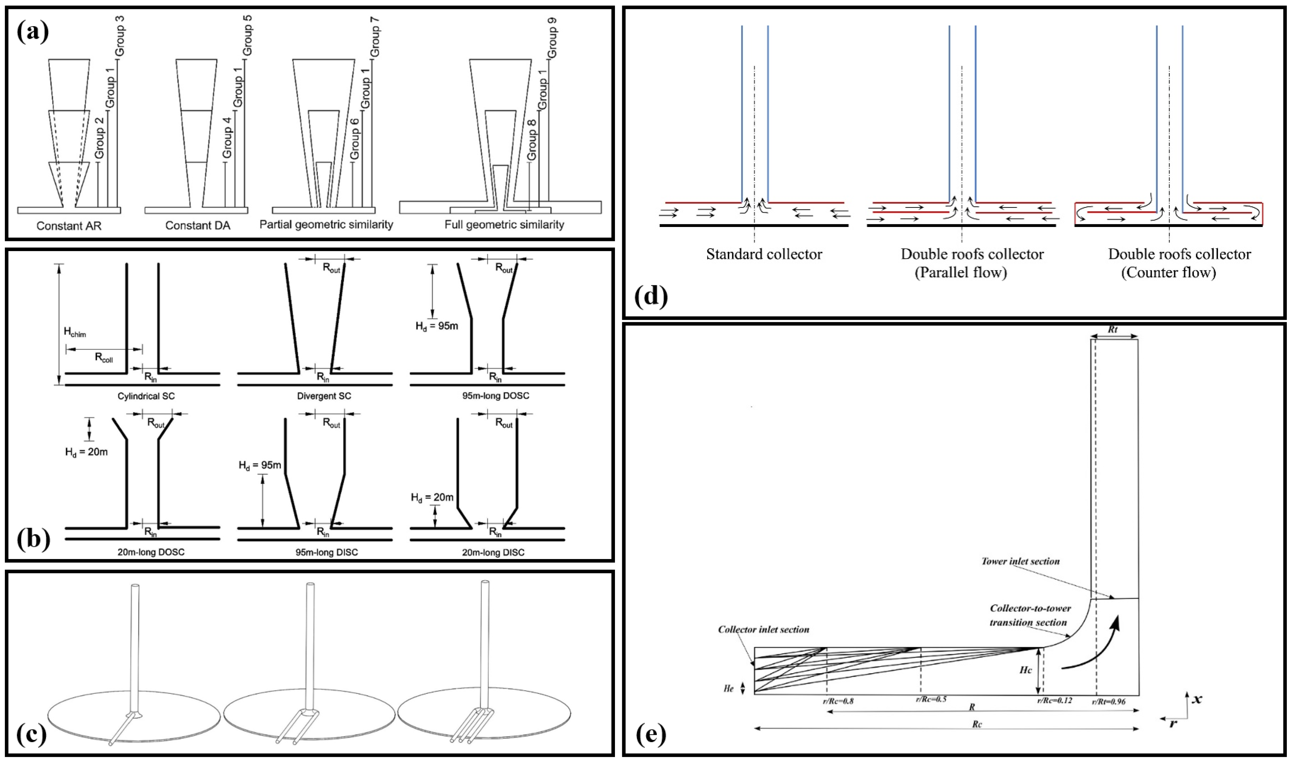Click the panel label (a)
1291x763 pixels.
tap(32, 32)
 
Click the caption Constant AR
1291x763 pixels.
tap(69, 226)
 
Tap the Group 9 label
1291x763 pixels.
tap(552, 37)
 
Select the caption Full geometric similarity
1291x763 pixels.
tap(504, 225)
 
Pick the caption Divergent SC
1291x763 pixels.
tap(324, 396)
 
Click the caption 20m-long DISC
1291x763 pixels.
tap(493, 552)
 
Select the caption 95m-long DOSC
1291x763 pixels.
tap(495, 395)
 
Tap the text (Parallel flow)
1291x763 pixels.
tap(960, 272)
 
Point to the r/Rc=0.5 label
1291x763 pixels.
tap(931, 699)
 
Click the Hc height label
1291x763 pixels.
tap(1025, 670)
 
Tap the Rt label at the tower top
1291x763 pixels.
tap(1113, 330)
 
